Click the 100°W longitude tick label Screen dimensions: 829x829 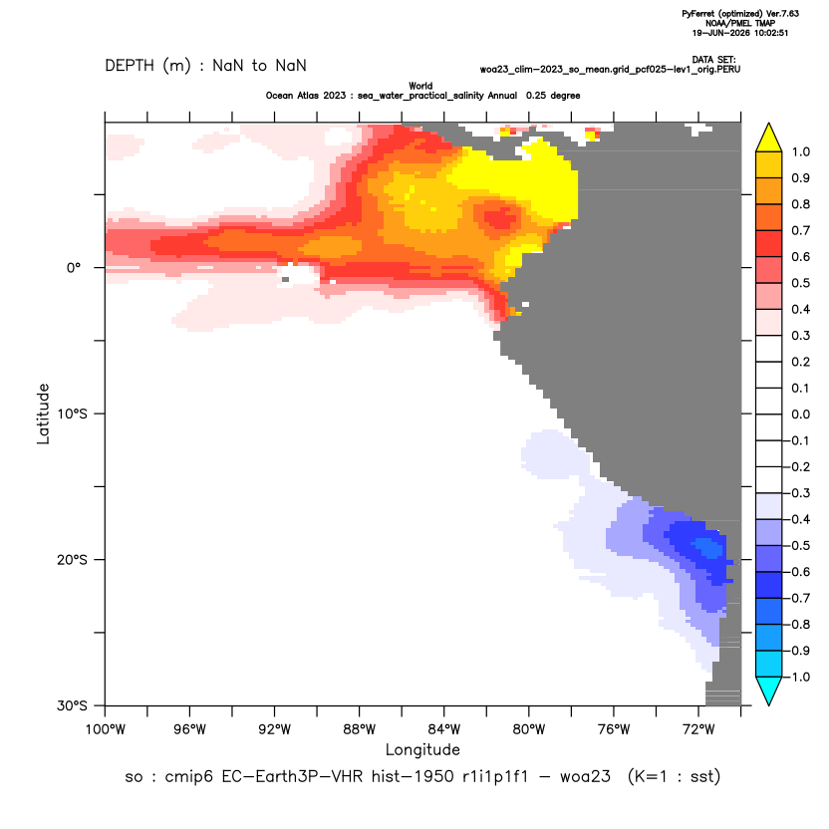[106, 729]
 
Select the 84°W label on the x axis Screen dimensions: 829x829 [444, 729]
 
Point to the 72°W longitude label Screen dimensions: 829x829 [698, 729]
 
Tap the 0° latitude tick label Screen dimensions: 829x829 [74, 268]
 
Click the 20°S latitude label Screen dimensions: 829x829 [72, 559]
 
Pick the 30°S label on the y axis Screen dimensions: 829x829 [72, 705]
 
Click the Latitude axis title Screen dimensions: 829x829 [43, 414]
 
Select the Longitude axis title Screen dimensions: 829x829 [422, 749]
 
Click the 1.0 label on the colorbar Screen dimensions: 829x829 [800, 151]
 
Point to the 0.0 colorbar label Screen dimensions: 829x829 [800, 414]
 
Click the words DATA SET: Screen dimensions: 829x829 [713, 60]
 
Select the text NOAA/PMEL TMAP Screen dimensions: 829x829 [740, 23]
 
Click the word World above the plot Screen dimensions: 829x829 [420, 86]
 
